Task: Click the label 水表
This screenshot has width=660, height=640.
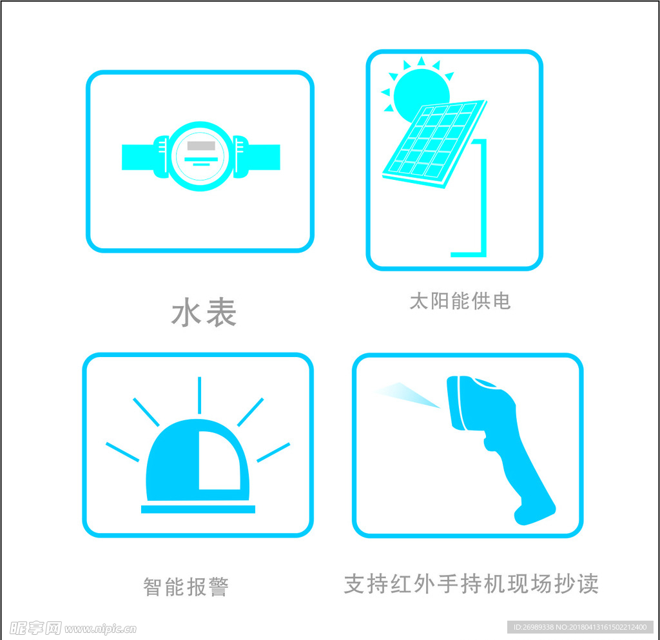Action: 204,312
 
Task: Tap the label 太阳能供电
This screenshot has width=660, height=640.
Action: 460,301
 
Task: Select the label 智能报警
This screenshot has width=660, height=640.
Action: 186,587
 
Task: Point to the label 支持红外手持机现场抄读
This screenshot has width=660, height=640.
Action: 471,584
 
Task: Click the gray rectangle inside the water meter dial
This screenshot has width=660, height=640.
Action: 201,146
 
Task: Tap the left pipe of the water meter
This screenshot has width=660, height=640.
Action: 138,157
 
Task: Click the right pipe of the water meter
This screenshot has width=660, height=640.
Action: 264,157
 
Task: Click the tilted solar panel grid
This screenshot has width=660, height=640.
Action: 435,144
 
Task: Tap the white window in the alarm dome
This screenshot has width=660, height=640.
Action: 218,460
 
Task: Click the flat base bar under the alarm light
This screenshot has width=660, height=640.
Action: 198,509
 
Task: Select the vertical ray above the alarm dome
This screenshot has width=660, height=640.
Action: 200,395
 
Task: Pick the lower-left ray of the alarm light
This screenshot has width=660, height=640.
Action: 122,452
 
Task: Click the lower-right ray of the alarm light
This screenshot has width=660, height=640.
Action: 273,452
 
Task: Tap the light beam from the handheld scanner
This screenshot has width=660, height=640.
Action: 406,394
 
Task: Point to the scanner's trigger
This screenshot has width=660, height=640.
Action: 489,443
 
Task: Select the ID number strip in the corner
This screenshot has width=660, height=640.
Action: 580,627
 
